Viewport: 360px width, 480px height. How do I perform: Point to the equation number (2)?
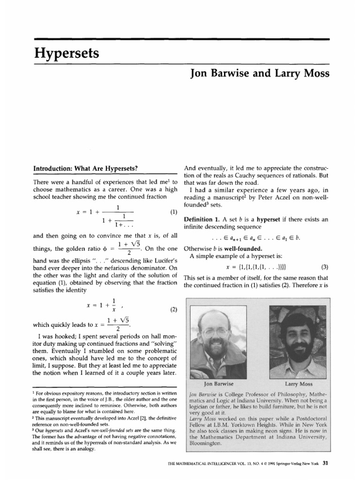(x=174, y=310)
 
